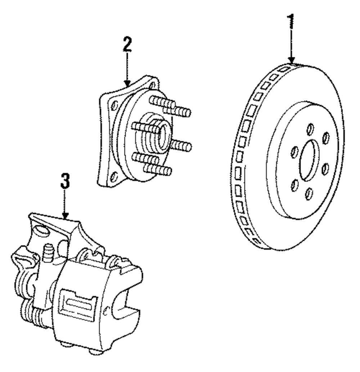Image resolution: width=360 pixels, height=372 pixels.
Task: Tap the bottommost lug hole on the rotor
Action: pyautogui.click(x=308, y=194)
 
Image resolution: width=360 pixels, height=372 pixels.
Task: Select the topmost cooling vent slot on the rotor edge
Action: pyautogui.click(x=284, y=68)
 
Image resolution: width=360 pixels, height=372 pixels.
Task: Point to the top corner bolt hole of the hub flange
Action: pyautogui.click(x=153, y=85)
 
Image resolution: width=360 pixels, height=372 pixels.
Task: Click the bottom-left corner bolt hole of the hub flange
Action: pyautogui.click(x=113, y=176)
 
